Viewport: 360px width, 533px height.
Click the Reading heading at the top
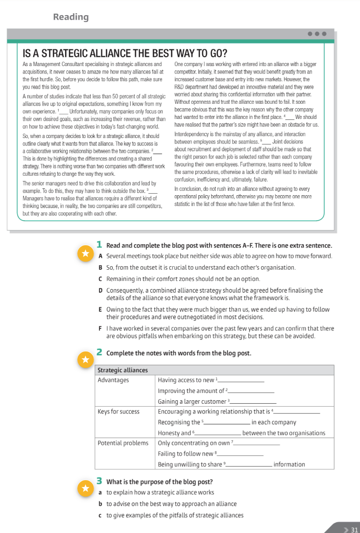point(71,17)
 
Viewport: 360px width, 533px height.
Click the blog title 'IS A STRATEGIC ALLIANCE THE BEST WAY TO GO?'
point(125,53)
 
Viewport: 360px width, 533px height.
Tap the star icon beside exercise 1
point(85,253)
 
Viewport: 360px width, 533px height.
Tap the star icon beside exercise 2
point(85,360)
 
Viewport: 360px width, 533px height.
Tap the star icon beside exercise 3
point(85,488)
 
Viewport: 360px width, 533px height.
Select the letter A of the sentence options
point(100,256)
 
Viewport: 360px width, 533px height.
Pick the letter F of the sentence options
point(100,328)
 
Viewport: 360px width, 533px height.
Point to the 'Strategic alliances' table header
point(122,370)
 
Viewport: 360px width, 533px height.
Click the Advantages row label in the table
point(113,380)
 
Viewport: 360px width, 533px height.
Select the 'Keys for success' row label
point(119,412)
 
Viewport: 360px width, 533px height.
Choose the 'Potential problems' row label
point(123,443)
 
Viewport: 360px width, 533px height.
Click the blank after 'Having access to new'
point(241,381)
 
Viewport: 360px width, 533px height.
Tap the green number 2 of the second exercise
point(99,352)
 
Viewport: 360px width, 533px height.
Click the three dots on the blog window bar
point(317,34)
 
